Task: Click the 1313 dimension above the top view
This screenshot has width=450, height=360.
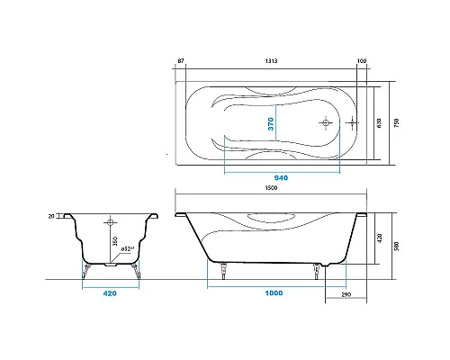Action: click(x=270, y=61)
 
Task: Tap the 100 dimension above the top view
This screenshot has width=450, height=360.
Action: click(x=362, y=61)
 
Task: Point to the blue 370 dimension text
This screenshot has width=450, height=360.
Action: click(x=270, y=123)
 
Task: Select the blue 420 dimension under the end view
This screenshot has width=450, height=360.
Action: click(x=109, y=293)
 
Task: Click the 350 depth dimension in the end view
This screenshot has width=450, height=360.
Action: click(x=113, y=241)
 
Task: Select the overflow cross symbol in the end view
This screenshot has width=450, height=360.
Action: click(x=111, y=220)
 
